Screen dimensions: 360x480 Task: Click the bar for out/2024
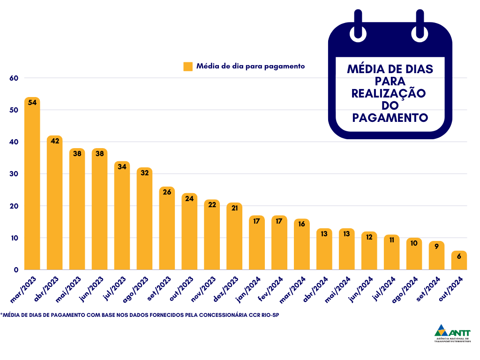pos(459,261)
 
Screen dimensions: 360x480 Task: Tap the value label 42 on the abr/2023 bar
pos(55,141)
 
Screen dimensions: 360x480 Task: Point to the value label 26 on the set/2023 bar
pos(167,192)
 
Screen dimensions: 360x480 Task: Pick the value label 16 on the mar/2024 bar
pos(301,224)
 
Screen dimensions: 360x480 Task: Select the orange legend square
pos(188,67)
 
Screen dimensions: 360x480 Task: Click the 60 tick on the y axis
pos(14,78)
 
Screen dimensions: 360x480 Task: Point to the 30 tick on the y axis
pos(14,174)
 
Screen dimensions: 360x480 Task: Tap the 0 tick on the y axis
pos(16,270)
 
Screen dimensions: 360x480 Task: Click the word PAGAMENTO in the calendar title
pos(390,117)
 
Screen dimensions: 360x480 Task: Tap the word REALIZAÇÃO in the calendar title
pos(389,93)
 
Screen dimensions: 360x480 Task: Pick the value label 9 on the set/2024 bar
pos(436,246)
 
